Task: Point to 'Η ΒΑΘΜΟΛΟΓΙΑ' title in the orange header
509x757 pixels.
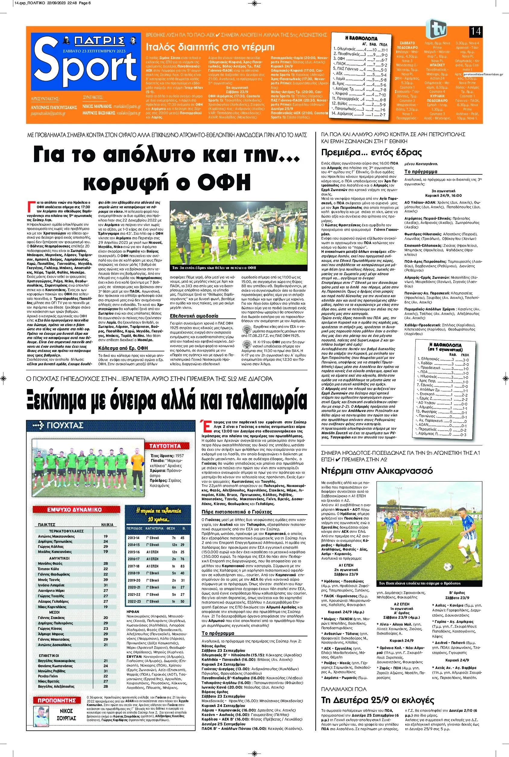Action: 361,38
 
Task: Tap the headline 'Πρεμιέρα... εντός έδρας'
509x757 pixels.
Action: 371,152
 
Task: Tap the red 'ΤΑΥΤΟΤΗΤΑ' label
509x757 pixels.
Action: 165,446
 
